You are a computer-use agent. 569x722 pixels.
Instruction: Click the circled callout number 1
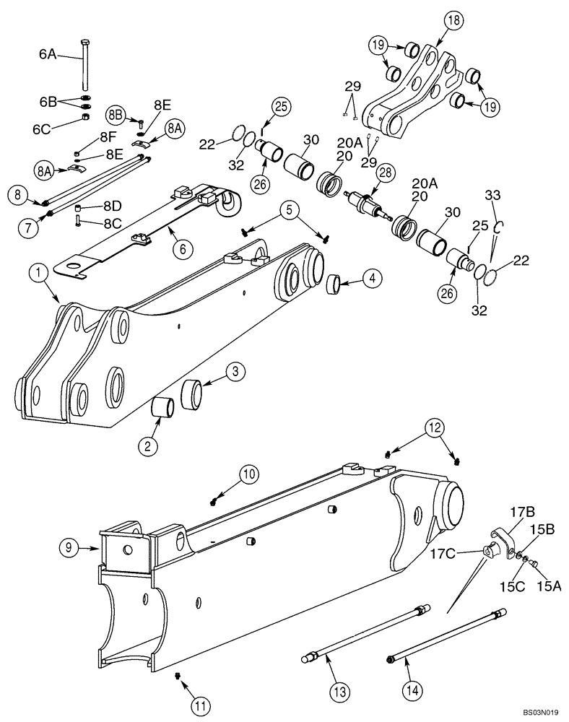tap(38, 274)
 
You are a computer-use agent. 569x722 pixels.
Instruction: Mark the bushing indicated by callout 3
tap(191, 393)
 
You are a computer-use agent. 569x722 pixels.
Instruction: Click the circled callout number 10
tap(248, 474)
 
